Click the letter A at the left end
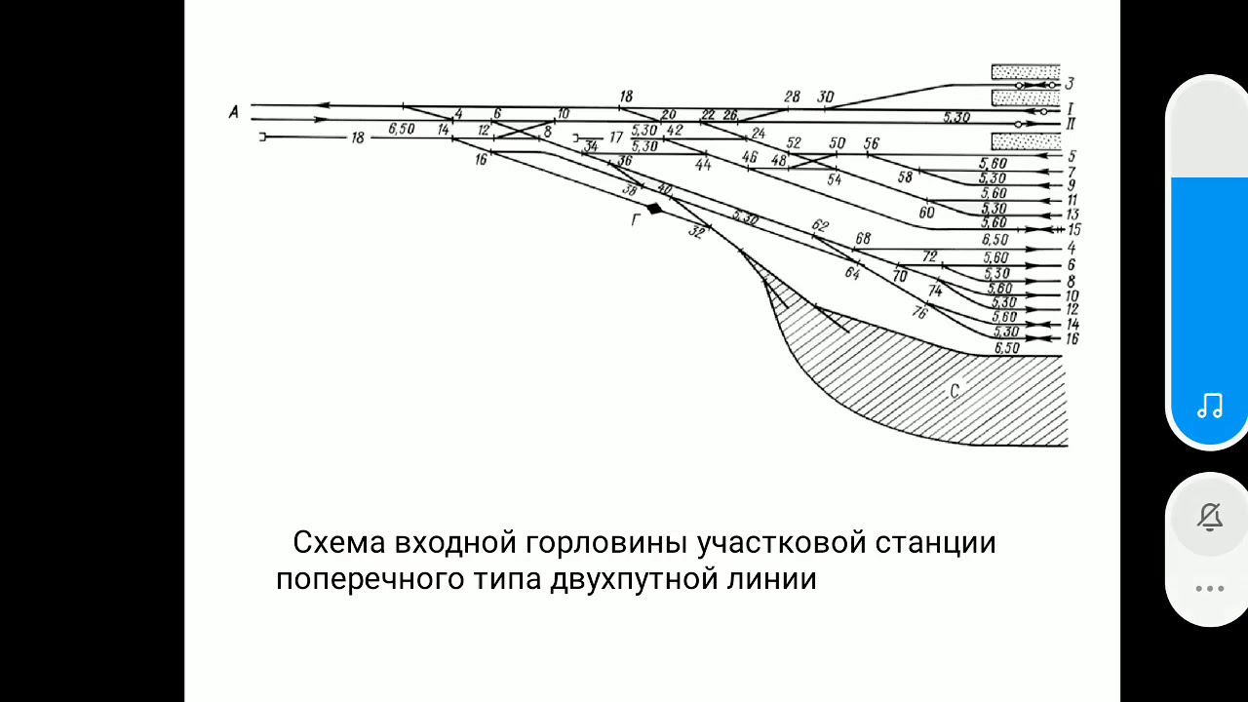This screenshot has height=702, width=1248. pos(234,113)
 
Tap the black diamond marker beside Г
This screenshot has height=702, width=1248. pos(654,209)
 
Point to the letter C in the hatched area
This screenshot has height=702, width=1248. pos(955,392)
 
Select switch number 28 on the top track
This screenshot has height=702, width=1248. pos(792,97)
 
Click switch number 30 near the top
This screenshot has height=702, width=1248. pos(826,97)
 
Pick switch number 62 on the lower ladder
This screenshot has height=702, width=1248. pos(820,226)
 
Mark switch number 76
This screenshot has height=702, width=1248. pos(918,313)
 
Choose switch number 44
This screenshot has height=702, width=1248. pos(703,165)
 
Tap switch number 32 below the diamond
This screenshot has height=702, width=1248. pos(696,233)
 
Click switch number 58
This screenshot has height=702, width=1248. pos(906,176)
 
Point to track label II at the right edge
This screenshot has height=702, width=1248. pos(1071,124)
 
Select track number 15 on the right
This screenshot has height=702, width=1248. pos(1073,230)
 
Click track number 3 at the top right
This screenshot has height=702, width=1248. pos(1070,84)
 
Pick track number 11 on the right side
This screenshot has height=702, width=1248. pos(1072,200)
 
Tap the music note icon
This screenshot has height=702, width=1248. pos(1210,406)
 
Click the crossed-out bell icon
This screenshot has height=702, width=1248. pos(1210,517)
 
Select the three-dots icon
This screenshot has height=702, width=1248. pos(1210,588)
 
